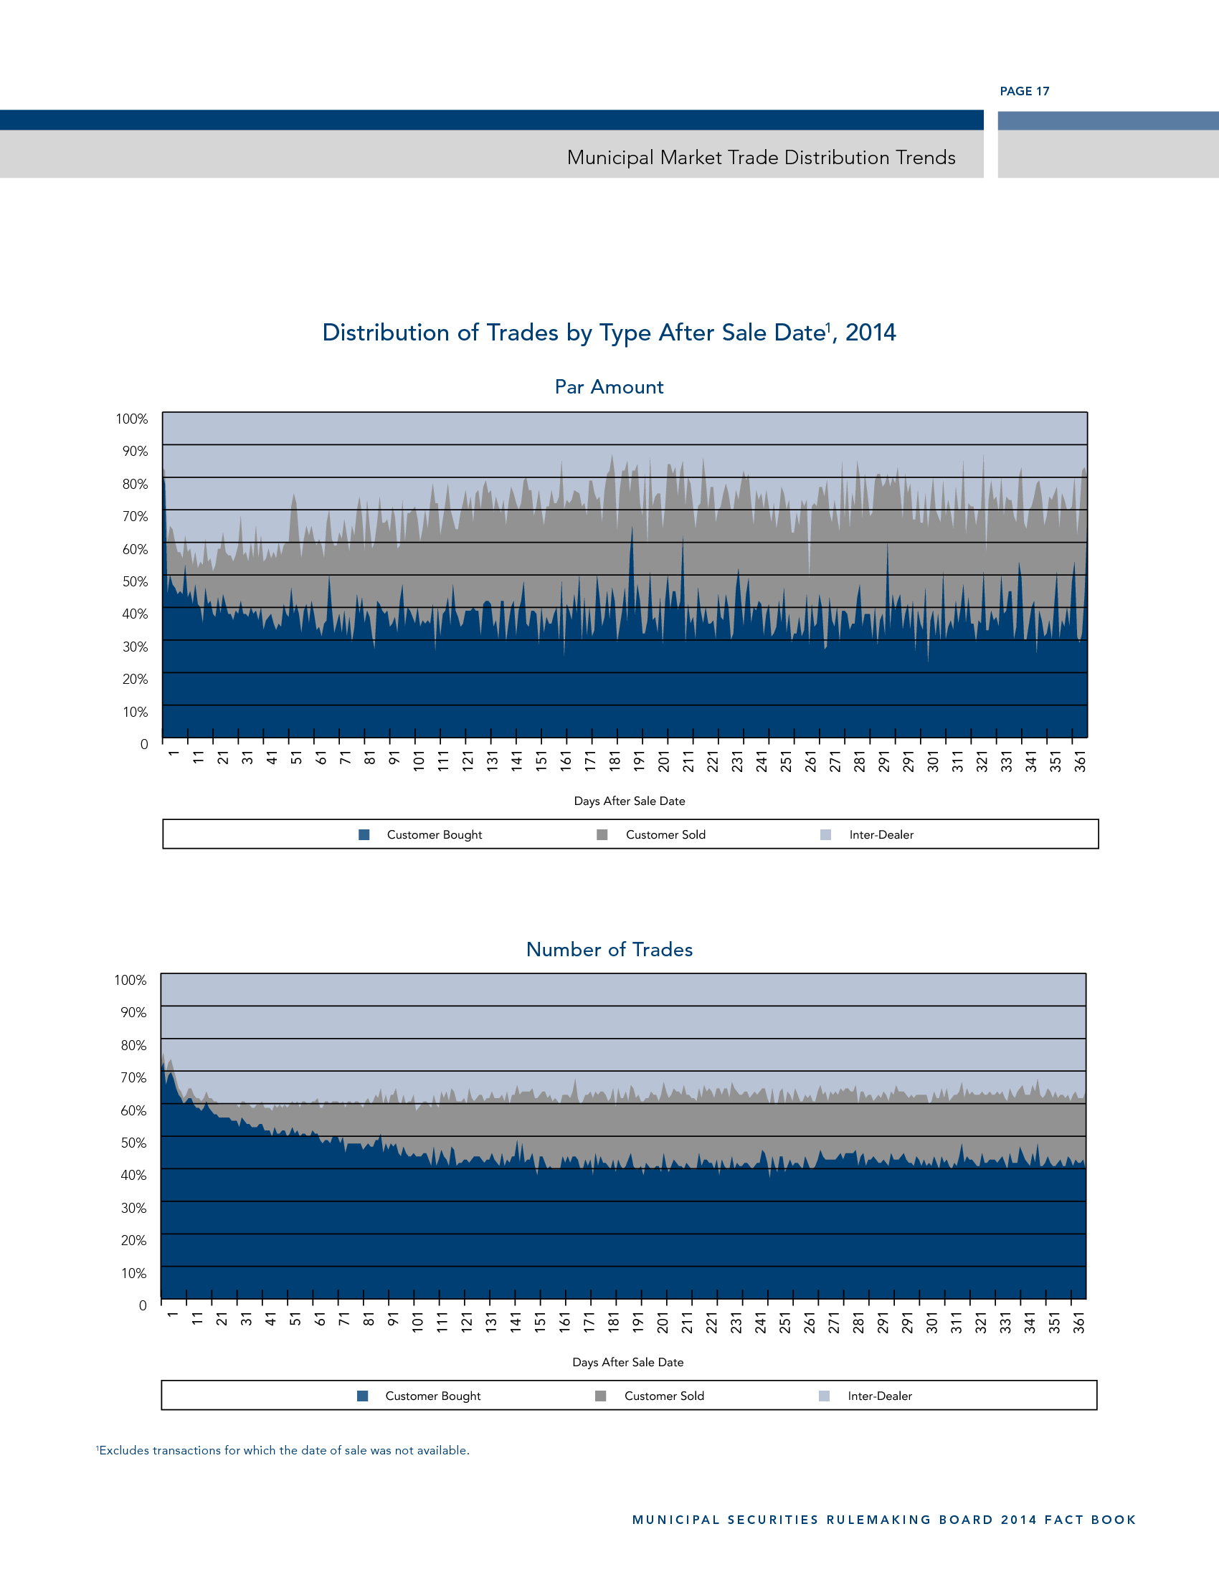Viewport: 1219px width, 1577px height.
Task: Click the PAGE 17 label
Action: (x=1024, y=91)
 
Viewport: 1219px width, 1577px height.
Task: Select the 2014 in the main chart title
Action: (x=871, y=332)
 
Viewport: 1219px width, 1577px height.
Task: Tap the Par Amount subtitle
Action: (x=609, y=387)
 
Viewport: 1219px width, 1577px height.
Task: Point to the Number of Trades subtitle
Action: (x=609, y=950)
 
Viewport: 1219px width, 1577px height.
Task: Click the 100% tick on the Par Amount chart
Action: (x=131, y=419)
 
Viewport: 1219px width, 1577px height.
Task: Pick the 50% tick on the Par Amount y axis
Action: (x=134, y=581)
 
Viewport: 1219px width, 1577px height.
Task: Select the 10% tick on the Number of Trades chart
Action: (x=133, y=1272)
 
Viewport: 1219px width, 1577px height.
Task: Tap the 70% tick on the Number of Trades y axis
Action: (x=133, y=1077)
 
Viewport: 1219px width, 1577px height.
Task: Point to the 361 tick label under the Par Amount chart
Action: (x=1081, y=761)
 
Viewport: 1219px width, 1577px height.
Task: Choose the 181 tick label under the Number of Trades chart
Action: (x=614, y=1322)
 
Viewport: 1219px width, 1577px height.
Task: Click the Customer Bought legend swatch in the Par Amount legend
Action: (x=364, y=834)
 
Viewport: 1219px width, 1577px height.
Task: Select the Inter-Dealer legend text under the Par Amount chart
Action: (x=881, y=834)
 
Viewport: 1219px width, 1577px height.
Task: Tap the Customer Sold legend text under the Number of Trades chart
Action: (x=664, y=1396)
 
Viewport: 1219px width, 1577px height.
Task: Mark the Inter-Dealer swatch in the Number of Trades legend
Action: (x=824, y=1396)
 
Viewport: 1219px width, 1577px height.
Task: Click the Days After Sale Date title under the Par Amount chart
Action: (x=629, y=801)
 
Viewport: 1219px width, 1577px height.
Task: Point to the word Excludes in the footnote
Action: (x=124, y=1450)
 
